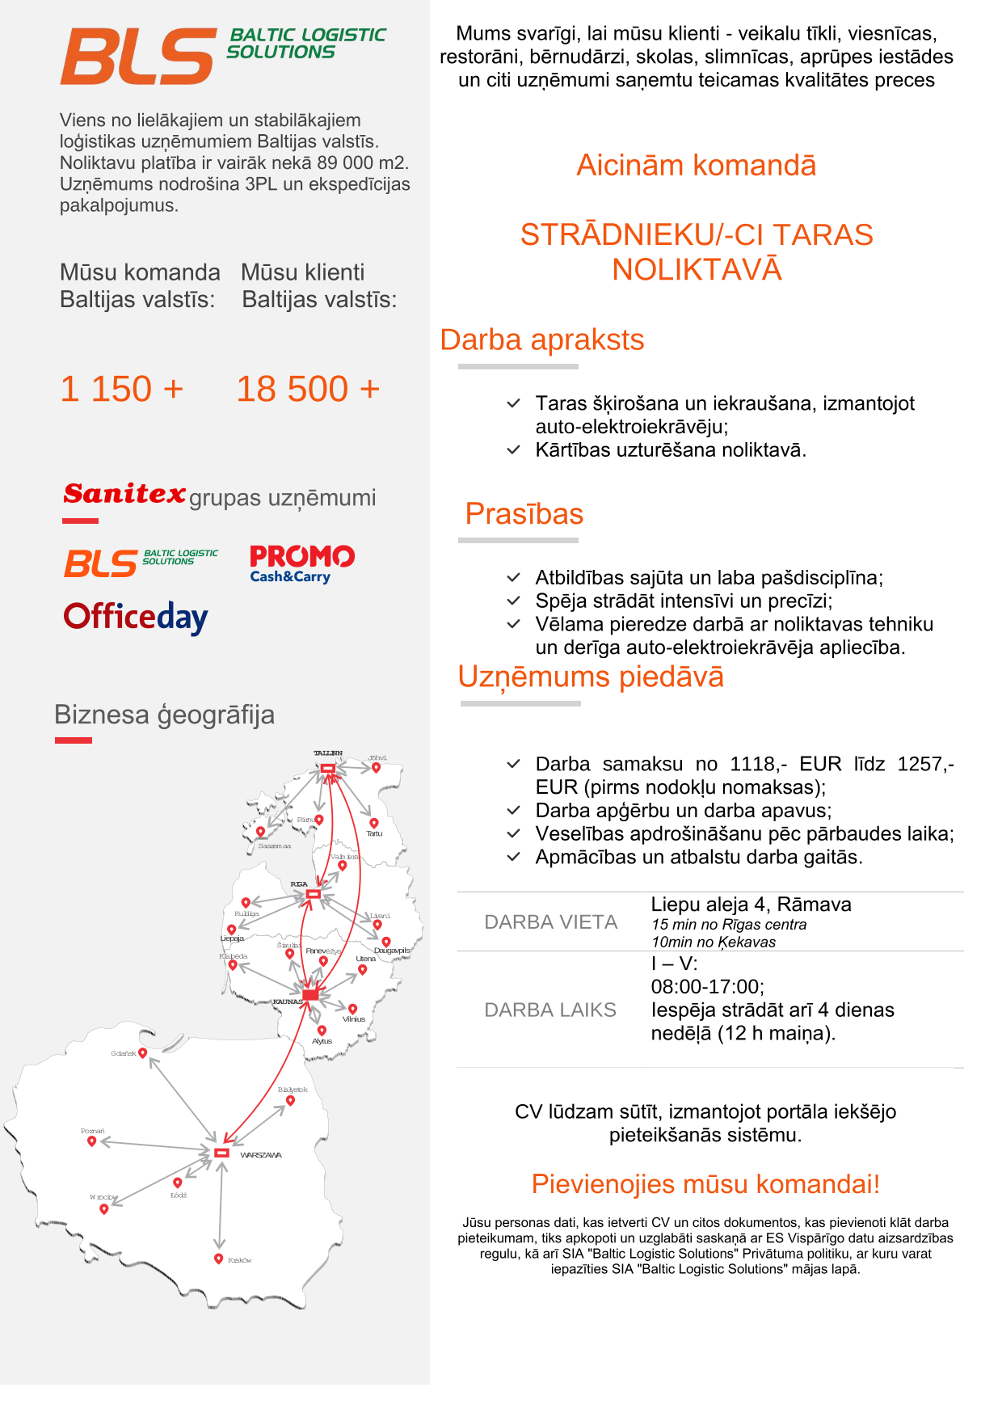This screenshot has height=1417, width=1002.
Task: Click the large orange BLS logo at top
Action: (137, 57)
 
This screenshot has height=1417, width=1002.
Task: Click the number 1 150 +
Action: (122, 389)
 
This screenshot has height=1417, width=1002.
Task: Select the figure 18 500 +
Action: (307, 389)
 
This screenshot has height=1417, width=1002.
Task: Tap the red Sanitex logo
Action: (124, 493)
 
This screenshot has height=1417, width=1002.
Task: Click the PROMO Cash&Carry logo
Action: (301, 563)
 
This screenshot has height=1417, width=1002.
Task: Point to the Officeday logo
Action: (136, 618)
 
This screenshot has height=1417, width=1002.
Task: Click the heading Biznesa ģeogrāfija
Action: (164, 715)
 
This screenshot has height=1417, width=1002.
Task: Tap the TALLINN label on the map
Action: (328, 753)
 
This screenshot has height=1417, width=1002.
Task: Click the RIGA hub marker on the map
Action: (314, 894)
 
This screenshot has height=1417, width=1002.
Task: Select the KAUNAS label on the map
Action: (288, 1002)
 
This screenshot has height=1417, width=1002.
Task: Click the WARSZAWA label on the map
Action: (260, 1155)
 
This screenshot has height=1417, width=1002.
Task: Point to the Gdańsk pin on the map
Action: (143, 1052)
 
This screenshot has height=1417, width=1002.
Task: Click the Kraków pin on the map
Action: (218, 1259)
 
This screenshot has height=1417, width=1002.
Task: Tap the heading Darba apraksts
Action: (541, 340)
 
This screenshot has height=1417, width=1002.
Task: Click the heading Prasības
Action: (524, 514)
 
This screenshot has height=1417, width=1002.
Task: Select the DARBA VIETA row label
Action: (550, 922)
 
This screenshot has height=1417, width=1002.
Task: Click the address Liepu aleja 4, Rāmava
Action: (751, 905)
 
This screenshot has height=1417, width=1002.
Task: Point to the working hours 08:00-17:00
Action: (707, 987)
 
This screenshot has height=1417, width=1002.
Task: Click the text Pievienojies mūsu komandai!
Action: (705, 1184)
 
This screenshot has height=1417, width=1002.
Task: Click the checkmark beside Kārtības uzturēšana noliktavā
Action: (513, 450)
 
